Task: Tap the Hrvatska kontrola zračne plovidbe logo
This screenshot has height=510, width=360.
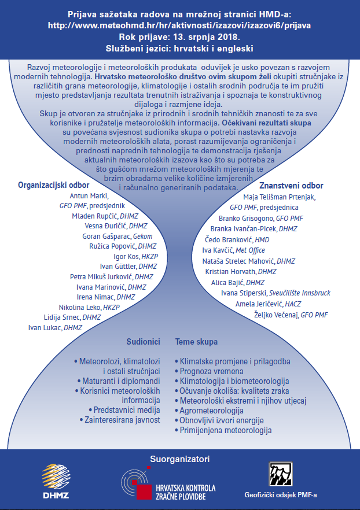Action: pyautogui.click(x=168, y=483)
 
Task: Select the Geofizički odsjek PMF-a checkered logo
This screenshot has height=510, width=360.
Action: pyautogui.click(x=281, y=474)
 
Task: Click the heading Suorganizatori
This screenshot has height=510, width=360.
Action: pyautogui.click(x=179, y=459)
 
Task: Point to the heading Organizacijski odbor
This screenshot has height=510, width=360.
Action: pyautogui.click(x=54, y=185)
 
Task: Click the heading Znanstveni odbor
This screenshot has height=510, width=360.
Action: pyautogui.click(x=291, y=186)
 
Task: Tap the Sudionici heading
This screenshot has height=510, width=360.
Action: pyautogui.click(x=143, y=342)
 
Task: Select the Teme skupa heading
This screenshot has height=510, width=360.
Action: pyautogui.click(x=196, y=342)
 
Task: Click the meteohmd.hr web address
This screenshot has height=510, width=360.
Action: pyautogui.click(x=179, y=25)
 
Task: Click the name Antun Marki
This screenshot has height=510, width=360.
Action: pyautogui.click(x=89, y=196)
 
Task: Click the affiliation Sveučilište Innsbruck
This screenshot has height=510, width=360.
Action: pyautogui.click(x=300, y=293)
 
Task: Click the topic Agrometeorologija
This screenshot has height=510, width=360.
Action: pyautogui.click(x=212, y=411)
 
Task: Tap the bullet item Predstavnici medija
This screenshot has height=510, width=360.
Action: pyautogui.click(x=127, y=410)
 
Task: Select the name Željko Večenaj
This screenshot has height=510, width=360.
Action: pyautogui.click(x=276, y=315)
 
